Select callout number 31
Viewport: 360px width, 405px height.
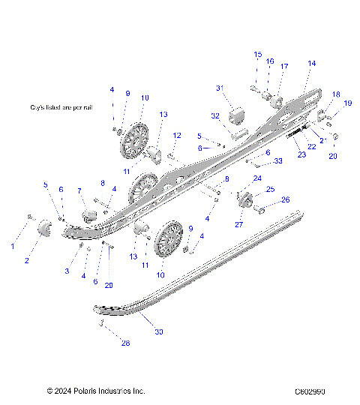tap(220, 88)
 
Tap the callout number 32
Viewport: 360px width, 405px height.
tap(214, 116)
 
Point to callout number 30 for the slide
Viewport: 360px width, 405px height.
tap(160, 331)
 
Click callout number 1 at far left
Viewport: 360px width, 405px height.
tap(12, 245)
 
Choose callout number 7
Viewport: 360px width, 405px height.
tap(80, 191)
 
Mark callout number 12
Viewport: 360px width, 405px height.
tap(178, 135)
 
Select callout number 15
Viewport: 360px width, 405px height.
tap(257, 55)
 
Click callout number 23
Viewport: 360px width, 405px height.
tap(301, 154)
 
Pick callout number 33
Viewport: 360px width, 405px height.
tap(277, 160)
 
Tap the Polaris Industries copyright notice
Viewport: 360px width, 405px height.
tap(95, 391)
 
